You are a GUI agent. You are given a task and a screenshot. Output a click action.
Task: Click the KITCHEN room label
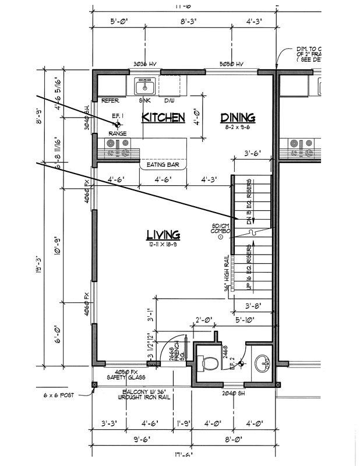[x=164, y=118]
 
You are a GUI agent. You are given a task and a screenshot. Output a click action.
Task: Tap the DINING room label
[x=238, y=118]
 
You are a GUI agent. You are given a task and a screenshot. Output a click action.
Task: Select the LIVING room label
[x=163, y=235]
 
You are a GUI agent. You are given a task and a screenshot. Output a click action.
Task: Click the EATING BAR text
[x=163, y=165]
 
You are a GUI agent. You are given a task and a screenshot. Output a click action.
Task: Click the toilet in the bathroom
[x=208, y=363]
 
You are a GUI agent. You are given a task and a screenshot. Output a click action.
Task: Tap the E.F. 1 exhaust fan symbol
[x=117, y=124]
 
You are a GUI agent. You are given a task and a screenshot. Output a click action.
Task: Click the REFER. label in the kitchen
[x=110, y=101]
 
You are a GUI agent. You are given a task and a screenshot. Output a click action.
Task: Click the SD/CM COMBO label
[x=221, y=229]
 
